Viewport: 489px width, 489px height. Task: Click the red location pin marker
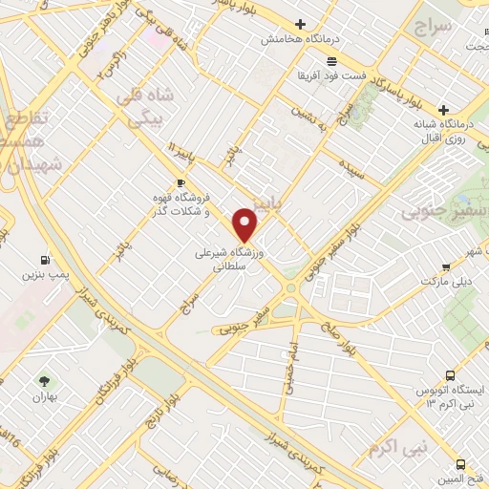tap(245, 225)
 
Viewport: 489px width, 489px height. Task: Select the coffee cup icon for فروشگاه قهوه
tap(181, 181)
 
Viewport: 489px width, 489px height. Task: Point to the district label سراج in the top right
tap(432, 28)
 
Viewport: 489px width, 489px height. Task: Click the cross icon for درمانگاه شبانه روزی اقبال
tap(471, 108)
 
